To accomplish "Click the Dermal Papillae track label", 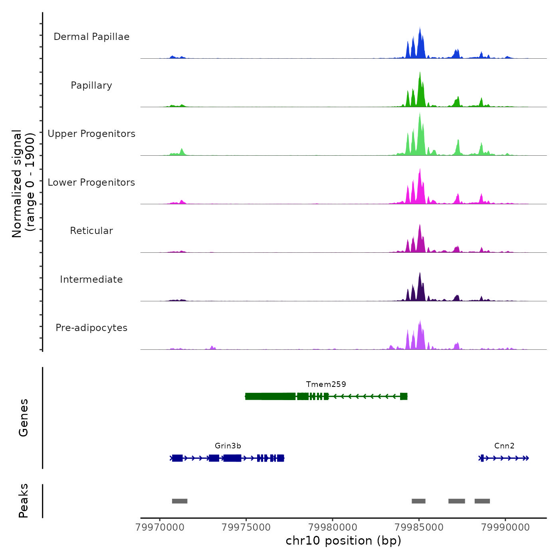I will [91, 37].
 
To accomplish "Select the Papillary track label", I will [91, 85].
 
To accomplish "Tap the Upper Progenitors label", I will [91, 134].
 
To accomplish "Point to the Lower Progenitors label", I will [91, 182].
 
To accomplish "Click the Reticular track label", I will [91, 231].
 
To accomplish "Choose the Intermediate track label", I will [91, 279].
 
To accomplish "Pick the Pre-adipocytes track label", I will [91, 328].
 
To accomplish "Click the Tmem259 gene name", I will [326, 384].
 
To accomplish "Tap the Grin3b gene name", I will [228, 446].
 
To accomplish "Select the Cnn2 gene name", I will [504, 446].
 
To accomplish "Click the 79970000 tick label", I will [160, 527].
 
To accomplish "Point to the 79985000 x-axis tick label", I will [419, 527].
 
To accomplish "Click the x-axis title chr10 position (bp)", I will [343, 541].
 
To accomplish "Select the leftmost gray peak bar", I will [180, 501].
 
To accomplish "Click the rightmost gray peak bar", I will [482, 501].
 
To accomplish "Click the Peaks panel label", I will [24, 501].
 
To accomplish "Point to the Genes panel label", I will [24, 418].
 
